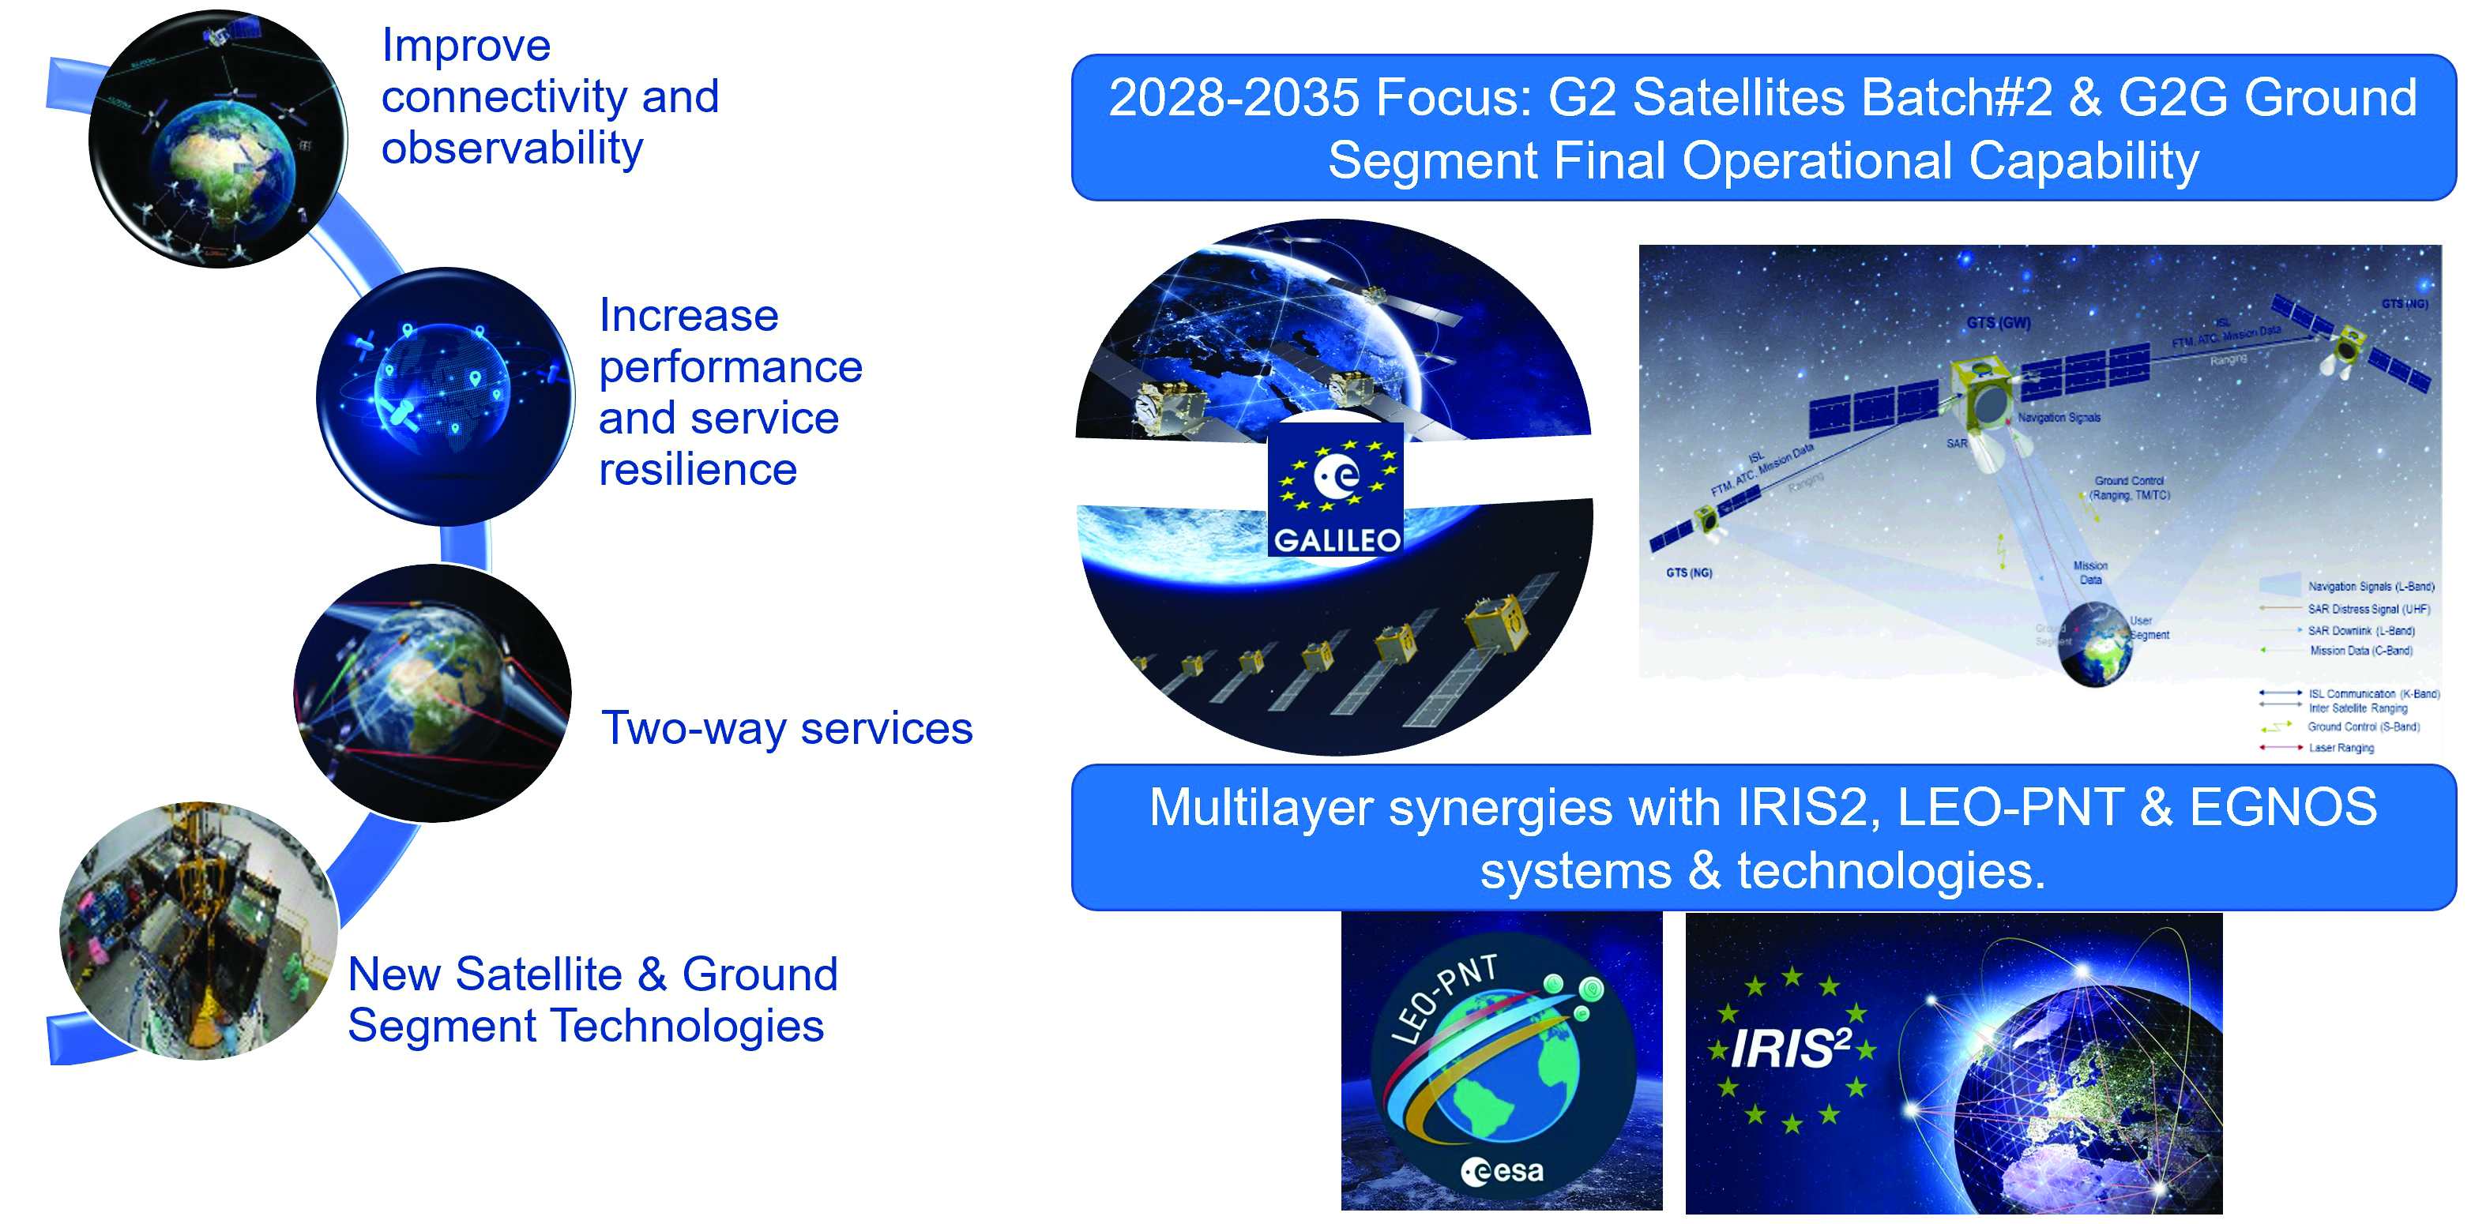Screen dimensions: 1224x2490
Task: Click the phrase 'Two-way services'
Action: [786, 727]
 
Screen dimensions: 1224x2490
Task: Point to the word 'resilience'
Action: [697, 470]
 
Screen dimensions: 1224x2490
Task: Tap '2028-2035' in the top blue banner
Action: [1233, 98]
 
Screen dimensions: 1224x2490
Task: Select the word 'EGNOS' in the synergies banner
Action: [2282, 807]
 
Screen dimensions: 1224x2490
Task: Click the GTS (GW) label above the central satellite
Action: [1998, 323]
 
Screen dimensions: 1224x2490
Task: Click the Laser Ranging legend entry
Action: [2340, 748]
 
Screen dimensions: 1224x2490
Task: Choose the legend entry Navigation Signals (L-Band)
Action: [2370, 587]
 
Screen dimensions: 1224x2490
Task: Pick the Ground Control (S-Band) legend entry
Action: [2362, 727]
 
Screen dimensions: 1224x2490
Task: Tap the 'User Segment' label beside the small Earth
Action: [2149, 628]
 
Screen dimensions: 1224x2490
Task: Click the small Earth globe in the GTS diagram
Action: [2095, 644]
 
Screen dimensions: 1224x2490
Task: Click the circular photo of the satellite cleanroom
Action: [198, 931]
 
